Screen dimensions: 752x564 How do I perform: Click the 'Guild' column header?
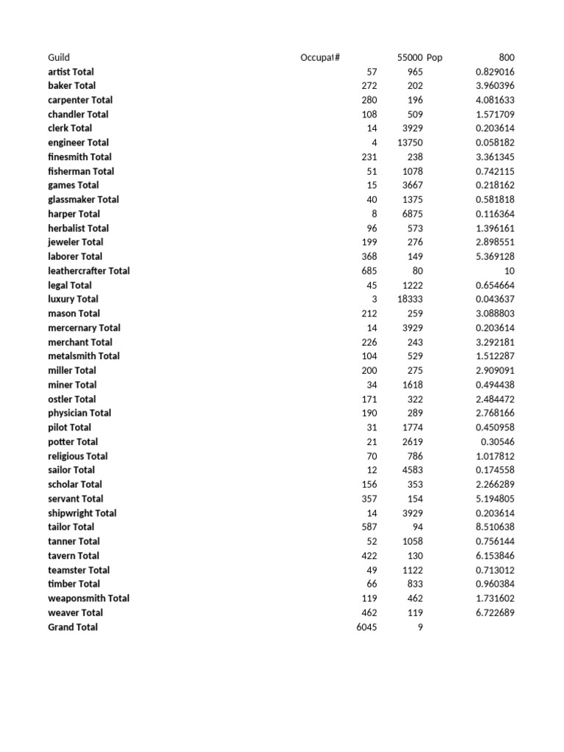pyautogui.click(x=59, y=57)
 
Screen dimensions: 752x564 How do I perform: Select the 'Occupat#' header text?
pyautogui.click(x=320, y=57)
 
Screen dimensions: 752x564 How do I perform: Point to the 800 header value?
pyautogui.click(x=507, y=57)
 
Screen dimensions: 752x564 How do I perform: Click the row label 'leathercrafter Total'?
pyautogui.click(x=89, y=271)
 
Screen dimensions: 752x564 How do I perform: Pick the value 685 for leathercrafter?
pyautogui.click(x=369, y=271)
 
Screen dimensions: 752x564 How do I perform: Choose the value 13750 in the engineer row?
pyautogui.click(x=410, y=142)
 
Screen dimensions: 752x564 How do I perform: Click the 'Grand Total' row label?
pyautogui.click(x=73, y=627)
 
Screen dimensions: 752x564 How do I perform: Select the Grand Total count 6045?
pyautogui.click(x=366, y=627)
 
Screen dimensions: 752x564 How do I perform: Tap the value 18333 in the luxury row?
pyautogui.click(x=410, y=299)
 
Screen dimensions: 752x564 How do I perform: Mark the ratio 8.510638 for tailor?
pyautogui.click(x=495, y=527)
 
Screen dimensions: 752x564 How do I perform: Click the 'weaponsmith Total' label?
pyautogui.click(x=89, y=599)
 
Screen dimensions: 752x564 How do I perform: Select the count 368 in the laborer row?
pyautogui.click(x=369, y=256)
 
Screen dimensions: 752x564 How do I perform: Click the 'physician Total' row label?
pyautogui.click(x=79, y=413)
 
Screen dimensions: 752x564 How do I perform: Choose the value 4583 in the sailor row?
pyautogui.click(x=412, y=470)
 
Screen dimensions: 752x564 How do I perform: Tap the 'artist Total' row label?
pyautogui.click(x=70, y=72)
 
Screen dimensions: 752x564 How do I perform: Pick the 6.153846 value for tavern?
pyautogui.click(x=495, y=556)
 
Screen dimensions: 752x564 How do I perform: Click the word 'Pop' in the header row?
pyautogui.click(x=435, y=57)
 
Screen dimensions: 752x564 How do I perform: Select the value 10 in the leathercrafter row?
pyautogui.click(x=509, y=271)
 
